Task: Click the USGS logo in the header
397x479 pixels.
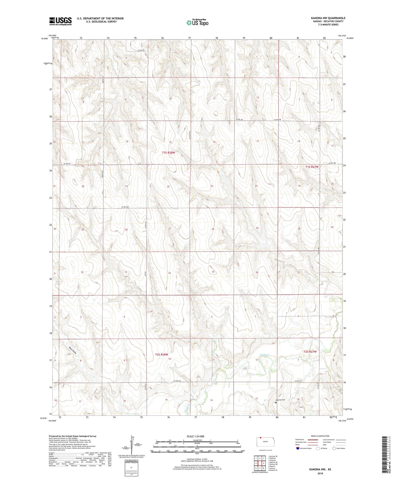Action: point(60,21)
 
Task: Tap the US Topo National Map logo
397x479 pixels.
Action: point(197,22)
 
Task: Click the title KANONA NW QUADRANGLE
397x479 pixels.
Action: point(324,18)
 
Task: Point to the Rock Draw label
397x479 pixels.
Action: point(73,351)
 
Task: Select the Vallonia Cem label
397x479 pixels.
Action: point(281,400)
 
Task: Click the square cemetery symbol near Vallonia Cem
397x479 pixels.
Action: point(276,403)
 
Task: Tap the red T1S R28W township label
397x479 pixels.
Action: point(168,153)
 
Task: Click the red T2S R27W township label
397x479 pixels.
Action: point(310,352)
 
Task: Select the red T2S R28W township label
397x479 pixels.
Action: point(161,354)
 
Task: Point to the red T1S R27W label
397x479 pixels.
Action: point(312,167)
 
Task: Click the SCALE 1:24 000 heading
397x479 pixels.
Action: point(195,436)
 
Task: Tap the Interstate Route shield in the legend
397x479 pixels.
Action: point(298,449)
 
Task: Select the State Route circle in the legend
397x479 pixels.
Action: point(334,449)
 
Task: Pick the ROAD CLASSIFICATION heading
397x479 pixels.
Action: point(320,436)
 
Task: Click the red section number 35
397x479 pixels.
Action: point(213,272)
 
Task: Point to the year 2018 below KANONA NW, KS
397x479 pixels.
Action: point(320,473)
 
